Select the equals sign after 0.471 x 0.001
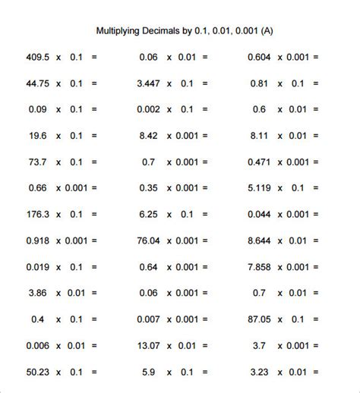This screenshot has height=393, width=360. click(x=315, y=162)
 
